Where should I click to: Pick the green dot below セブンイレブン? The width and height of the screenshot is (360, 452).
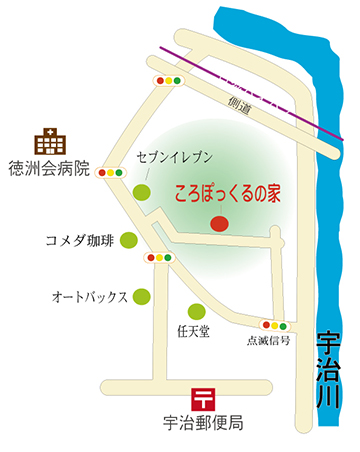click(144, 192)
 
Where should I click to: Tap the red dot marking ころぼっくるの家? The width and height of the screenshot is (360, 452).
click(218, 225)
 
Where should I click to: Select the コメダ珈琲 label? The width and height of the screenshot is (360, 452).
click(80, 241)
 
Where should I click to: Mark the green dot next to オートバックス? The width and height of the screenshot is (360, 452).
click(143, 297)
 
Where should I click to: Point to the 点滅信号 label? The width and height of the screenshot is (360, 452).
click(268, 340)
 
